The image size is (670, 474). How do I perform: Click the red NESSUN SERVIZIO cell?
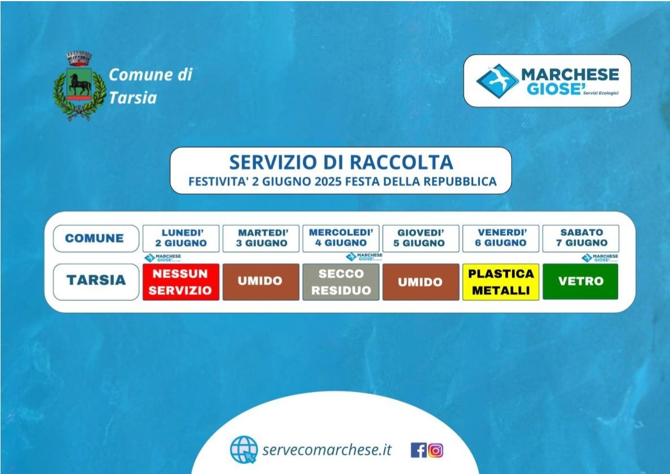[180, 282]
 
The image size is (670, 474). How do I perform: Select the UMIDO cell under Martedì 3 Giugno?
[261, 282]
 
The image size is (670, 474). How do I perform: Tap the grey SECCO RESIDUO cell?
[341, 282]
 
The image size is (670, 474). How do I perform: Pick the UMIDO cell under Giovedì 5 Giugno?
[421, 282]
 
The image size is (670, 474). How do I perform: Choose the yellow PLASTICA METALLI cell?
[501, 282]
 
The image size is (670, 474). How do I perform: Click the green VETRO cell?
[580, 281]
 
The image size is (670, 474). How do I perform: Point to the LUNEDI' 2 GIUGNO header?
[180, 238]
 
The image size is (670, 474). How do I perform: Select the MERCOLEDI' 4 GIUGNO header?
[341, 238]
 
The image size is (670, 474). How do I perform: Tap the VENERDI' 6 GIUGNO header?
[501, 238]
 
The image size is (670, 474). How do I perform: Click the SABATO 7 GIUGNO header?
[581, 238]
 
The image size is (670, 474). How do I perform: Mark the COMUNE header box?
[96, 238]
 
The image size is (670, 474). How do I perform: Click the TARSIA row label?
[96, 282]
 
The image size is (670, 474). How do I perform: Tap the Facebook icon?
[418, 450]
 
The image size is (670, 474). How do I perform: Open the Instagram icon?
[435, 450]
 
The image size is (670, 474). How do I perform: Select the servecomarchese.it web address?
[327, 450]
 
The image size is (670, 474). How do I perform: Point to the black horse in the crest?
[80, 84]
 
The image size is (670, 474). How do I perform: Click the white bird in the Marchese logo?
[499, 79]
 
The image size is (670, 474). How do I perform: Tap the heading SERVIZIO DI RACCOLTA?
[341, 162]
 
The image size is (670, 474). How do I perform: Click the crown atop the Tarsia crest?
[79, 59]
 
